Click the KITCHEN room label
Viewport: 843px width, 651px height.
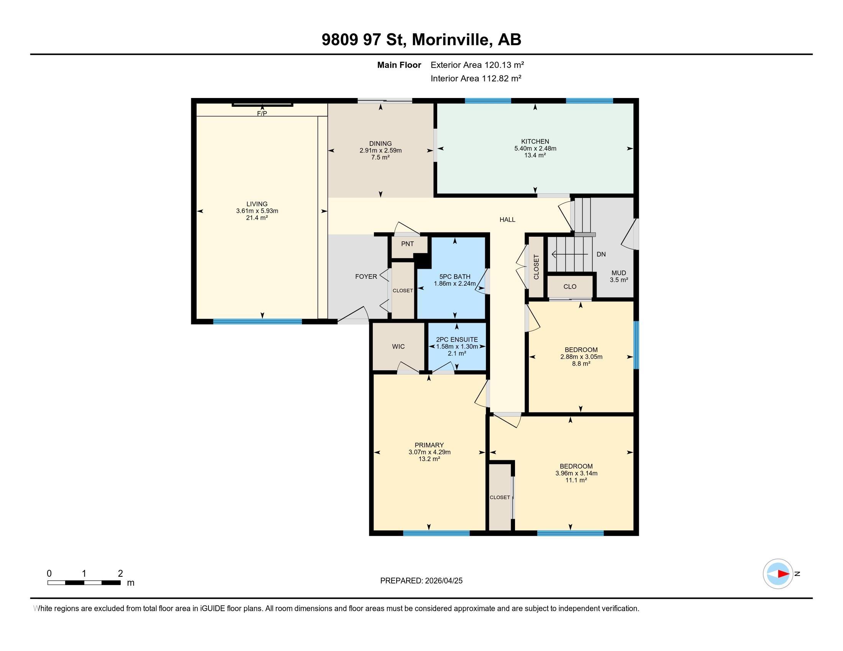click(x=535, y=142)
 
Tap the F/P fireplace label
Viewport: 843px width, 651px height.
click(x=262, y=113)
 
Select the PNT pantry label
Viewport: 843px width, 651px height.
click(x=407, y=244)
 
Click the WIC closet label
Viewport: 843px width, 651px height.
click(x=398, y=346)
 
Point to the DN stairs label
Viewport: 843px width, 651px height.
click(x=601, y=255)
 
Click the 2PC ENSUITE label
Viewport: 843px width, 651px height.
click(x=457, y=339)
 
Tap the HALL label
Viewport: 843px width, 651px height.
click(x=507, y=219)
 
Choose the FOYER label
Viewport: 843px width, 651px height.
click(x=366, y=276)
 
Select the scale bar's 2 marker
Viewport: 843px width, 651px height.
click(x=120, y=573)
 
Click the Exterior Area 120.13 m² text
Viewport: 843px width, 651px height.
click(x=477, y=65)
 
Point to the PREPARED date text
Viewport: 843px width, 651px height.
click(x=421, y=581)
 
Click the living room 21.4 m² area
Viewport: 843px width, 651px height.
click(x=257, y=218)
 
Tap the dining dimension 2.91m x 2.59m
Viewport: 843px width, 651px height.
click(x=380, y=150)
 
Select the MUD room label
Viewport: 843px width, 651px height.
click(x=619, y=273)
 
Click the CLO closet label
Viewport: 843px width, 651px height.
click(x=570, y=286)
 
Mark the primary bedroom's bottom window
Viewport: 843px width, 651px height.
click(x=436, y=533)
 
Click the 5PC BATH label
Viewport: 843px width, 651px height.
click(x=455, y=276)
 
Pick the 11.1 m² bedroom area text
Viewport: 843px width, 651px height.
click(x=576, y=480)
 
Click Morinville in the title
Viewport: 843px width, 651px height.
click(x=452, y=39)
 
